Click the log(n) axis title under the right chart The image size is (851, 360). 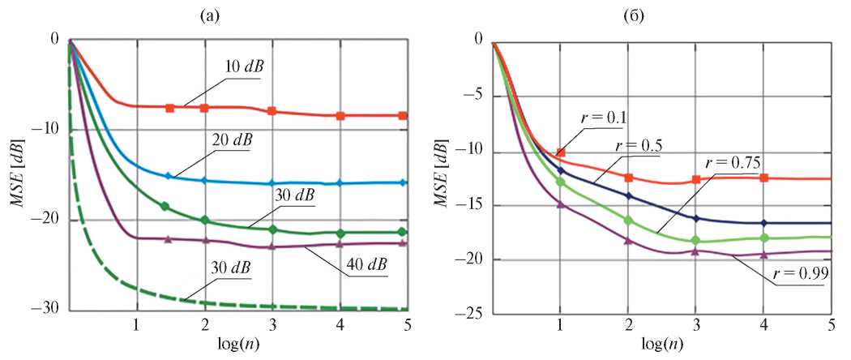tap(660, 346)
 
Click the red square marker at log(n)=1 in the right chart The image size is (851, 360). tap(560, 152)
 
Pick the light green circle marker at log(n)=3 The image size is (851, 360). tap(695, 240)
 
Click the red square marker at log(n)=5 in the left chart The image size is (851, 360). tap(403, 116)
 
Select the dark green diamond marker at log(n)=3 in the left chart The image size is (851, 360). tap(272, 229)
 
